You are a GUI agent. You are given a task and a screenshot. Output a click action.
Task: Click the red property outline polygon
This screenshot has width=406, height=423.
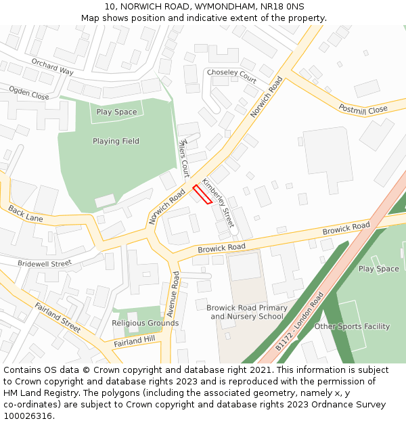tap(202, 194)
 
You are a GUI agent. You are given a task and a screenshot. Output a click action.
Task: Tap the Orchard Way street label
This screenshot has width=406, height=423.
tap(52, 66)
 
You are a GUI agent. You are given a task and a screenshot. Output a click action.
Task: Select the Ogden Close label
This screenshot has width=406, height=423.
tap(28, 93)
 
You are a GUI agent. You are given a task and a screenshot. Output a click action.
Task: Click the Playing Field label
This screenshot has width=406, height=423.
tap(116, 141)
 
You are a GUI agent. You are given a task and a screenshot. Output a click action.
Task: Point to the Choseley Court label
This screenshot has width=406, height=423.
tap(231, 75)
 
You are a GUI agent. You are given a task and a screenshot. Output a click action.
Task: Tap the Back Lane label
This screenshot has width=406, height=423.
tap(26, 215)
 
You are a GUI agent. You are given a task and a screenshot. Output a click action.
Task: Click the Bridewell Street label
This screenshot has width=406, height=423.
tap(44, 263)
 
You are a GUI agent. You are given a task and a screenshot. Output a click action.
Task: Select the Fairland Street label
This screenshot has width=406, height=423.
tap(58, 317)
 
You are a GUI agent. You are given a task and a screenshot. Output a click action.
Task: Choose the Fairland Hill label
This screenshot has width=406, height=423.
tap(134, 340)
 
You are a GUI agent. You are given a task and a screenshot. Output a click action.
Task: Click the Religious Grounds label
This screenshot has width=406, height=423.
tap(145, 323)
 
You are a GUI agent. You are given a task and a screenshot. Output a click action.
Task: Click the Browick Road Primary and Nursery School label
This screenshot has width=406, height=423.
tap(246, 312)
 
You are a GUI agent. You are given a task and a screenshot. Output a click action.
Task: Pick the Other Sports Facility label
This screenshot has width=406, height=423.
tap(352, 327)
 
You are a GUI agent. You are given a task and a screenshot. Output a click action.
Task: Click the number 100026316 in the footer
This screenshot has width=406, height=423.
tap(28, 416)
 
